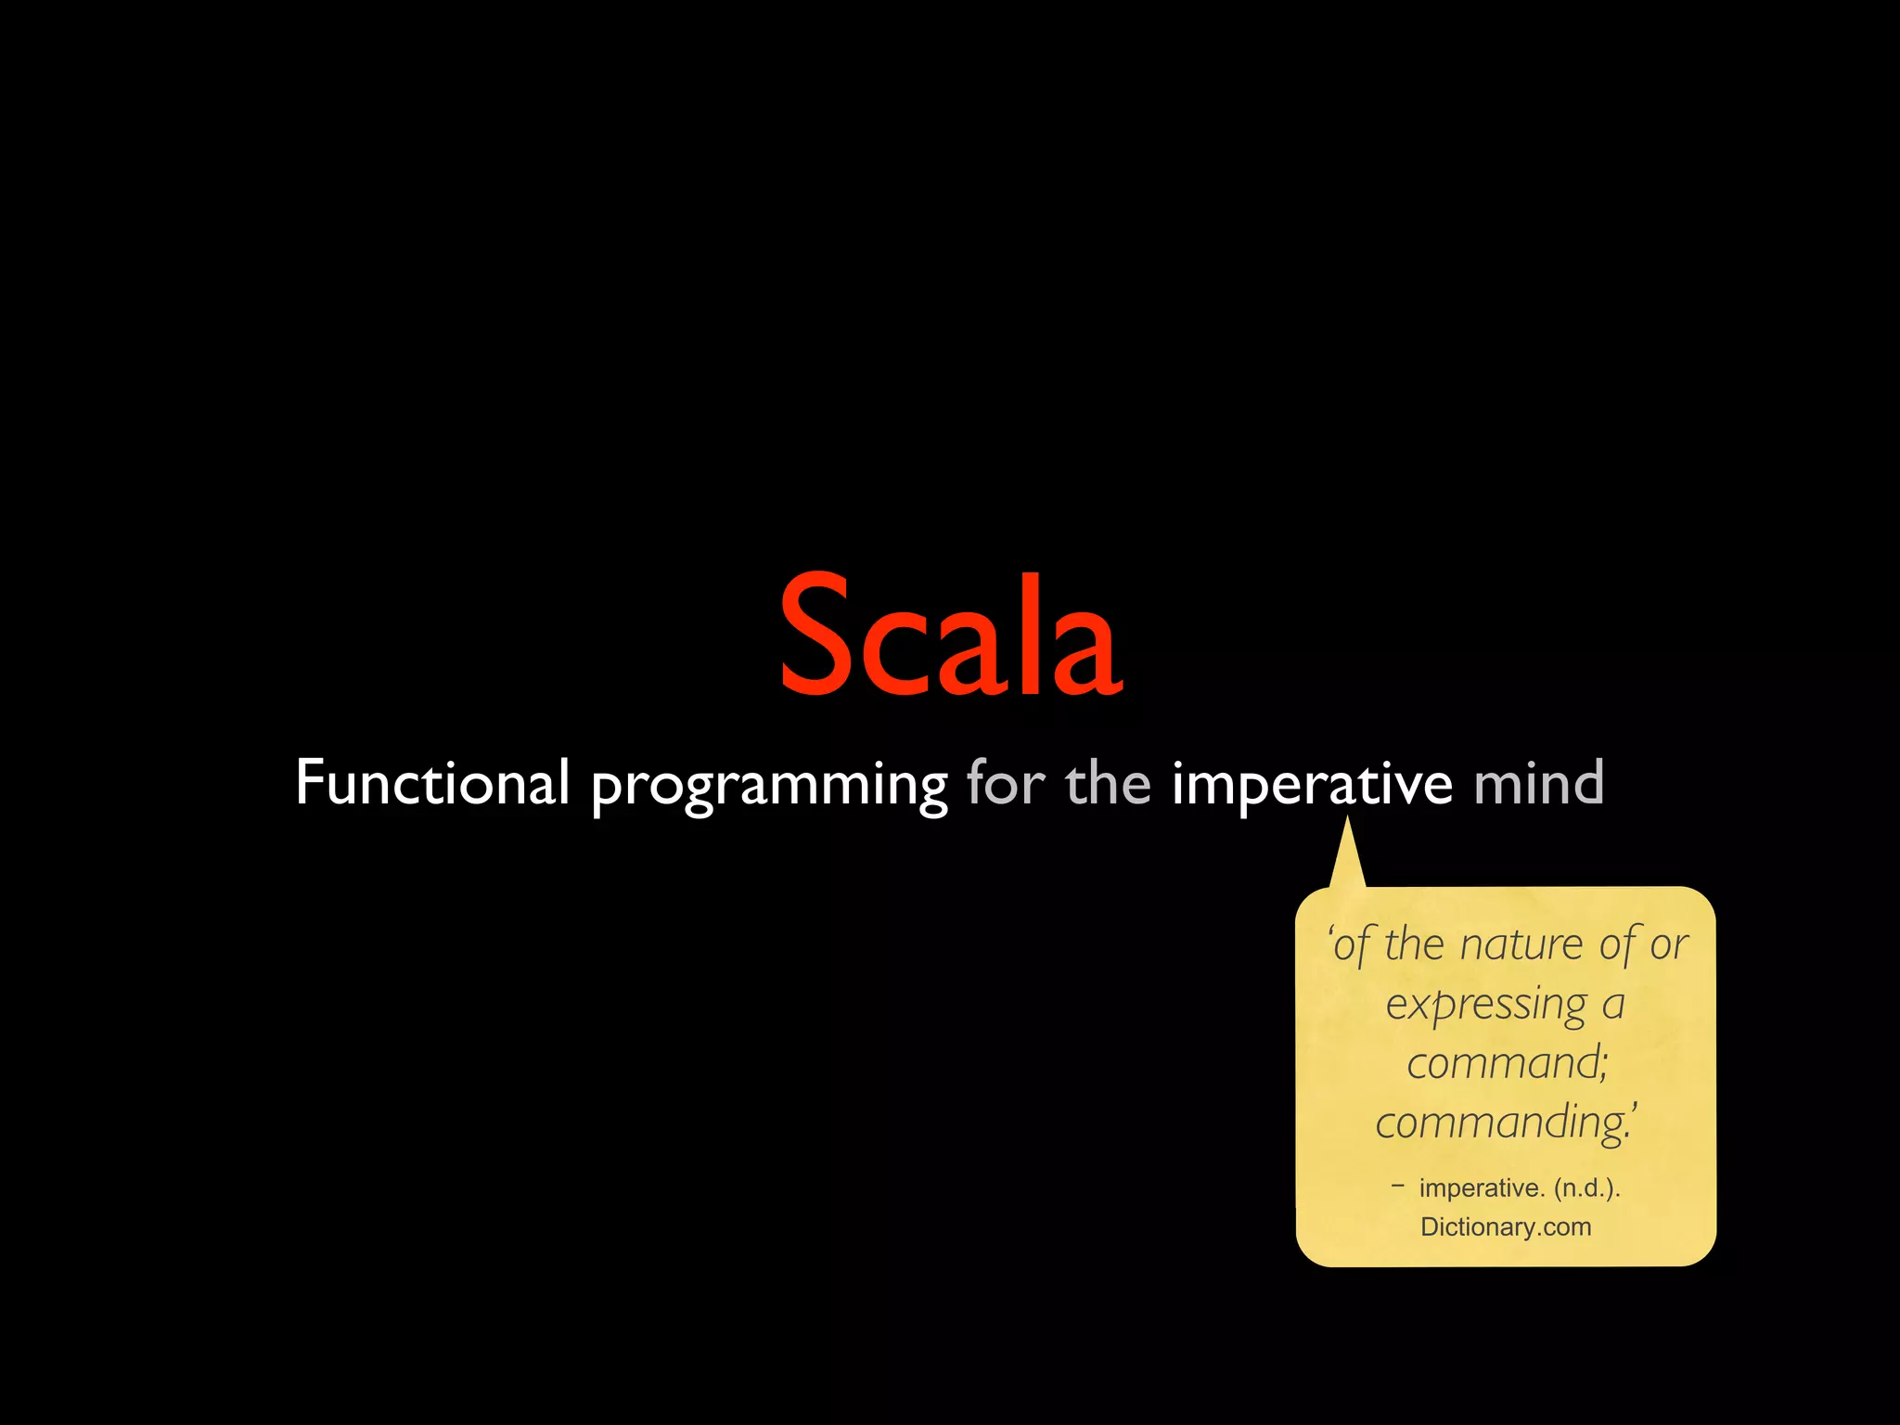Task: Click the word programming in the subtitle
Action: coord(769,787)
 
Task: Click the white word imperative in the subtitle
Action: coord(1312,785)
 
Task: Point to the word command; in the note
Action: coord(1507,1063)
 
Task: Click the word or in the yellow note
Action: coord(1669,945)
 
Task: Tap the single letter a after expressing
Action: coord(1614,1005)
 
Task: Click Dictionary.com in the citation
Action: coord(1506,1226)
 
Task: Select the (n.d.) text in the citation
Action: coord(1586,1187)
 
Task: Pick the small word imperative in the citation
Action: coord(1481,1187)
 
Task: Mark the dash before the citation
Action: coord(1398,1184)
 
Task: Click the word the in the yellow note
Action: coord(1415,945)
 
